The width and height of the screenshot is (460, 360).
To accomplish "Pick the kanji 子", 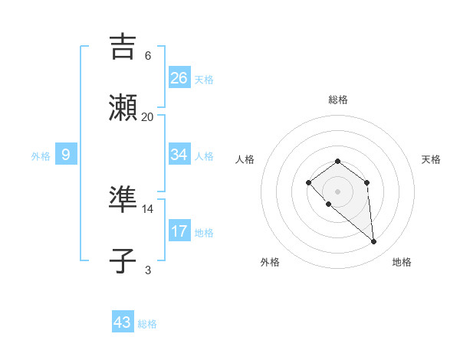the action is [123, 260].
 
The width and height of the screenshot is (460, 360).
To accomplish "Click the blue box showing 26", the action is [179, 77].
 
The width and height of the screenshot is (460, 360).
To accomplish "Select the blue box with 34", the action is [179, 155].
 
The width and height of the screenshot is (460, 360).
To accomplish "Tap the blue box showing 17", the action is [179, 231].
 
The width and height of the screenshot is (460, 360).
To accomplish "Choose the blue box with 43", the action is [123, 322].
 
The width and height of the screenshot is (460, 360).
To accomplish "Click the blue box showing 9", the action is [66, 155].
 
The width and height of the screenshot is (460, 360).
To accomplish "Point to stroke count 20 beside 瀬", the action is [148, 117].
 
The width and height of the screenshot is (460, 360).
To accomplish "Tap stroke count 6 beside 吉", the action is [148, 56].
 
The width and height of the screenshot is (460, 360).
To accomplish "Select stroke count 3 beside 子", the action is [148, 270].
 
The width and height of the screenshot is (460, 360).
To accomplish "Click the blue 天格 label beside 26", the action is [204, 79].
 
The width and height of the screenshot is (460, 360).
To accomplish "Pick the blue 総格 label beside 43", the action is [147, 324].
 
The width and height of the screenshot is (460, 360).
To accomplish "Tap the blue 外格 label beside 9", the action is [41, 156].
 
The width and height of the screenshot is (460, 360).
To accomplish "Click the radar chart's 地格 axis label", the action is [402, 262].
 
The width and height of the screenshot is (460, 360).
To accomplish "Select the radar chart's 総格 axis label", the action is [338, 100].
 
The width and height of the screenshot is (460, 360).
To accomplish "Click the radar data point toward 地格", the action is [374, 242].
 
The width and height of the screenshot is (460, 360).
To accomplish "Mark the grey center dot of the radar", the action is [337, 191].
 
